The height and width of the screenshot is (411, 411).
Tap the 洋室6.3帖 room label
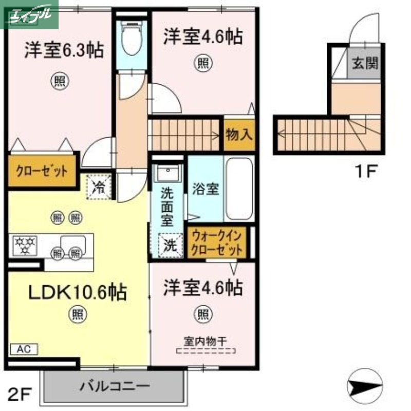click(64, 51)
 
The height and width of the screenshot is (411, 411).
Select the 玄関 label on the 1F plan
click(365, 64)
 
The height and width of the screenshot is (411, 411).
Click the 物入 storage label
click(239, 135)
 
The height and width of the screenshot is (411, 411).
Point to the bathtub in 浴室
click(239, 189)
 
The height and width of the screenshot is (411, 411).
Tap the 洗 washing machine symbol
click(170, 245)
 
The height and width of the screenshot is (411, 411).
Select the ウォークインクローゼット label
click(217, 243)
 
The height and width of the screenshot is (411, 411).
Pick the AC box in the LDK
click(24, 348)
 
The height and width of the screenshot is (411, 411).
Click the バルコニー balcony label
click(115, 385)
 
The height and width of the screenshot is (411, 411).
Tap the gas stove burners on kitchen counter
click(25, 245)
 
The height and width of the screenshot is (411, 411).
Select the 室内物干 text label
click(206, 341)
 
